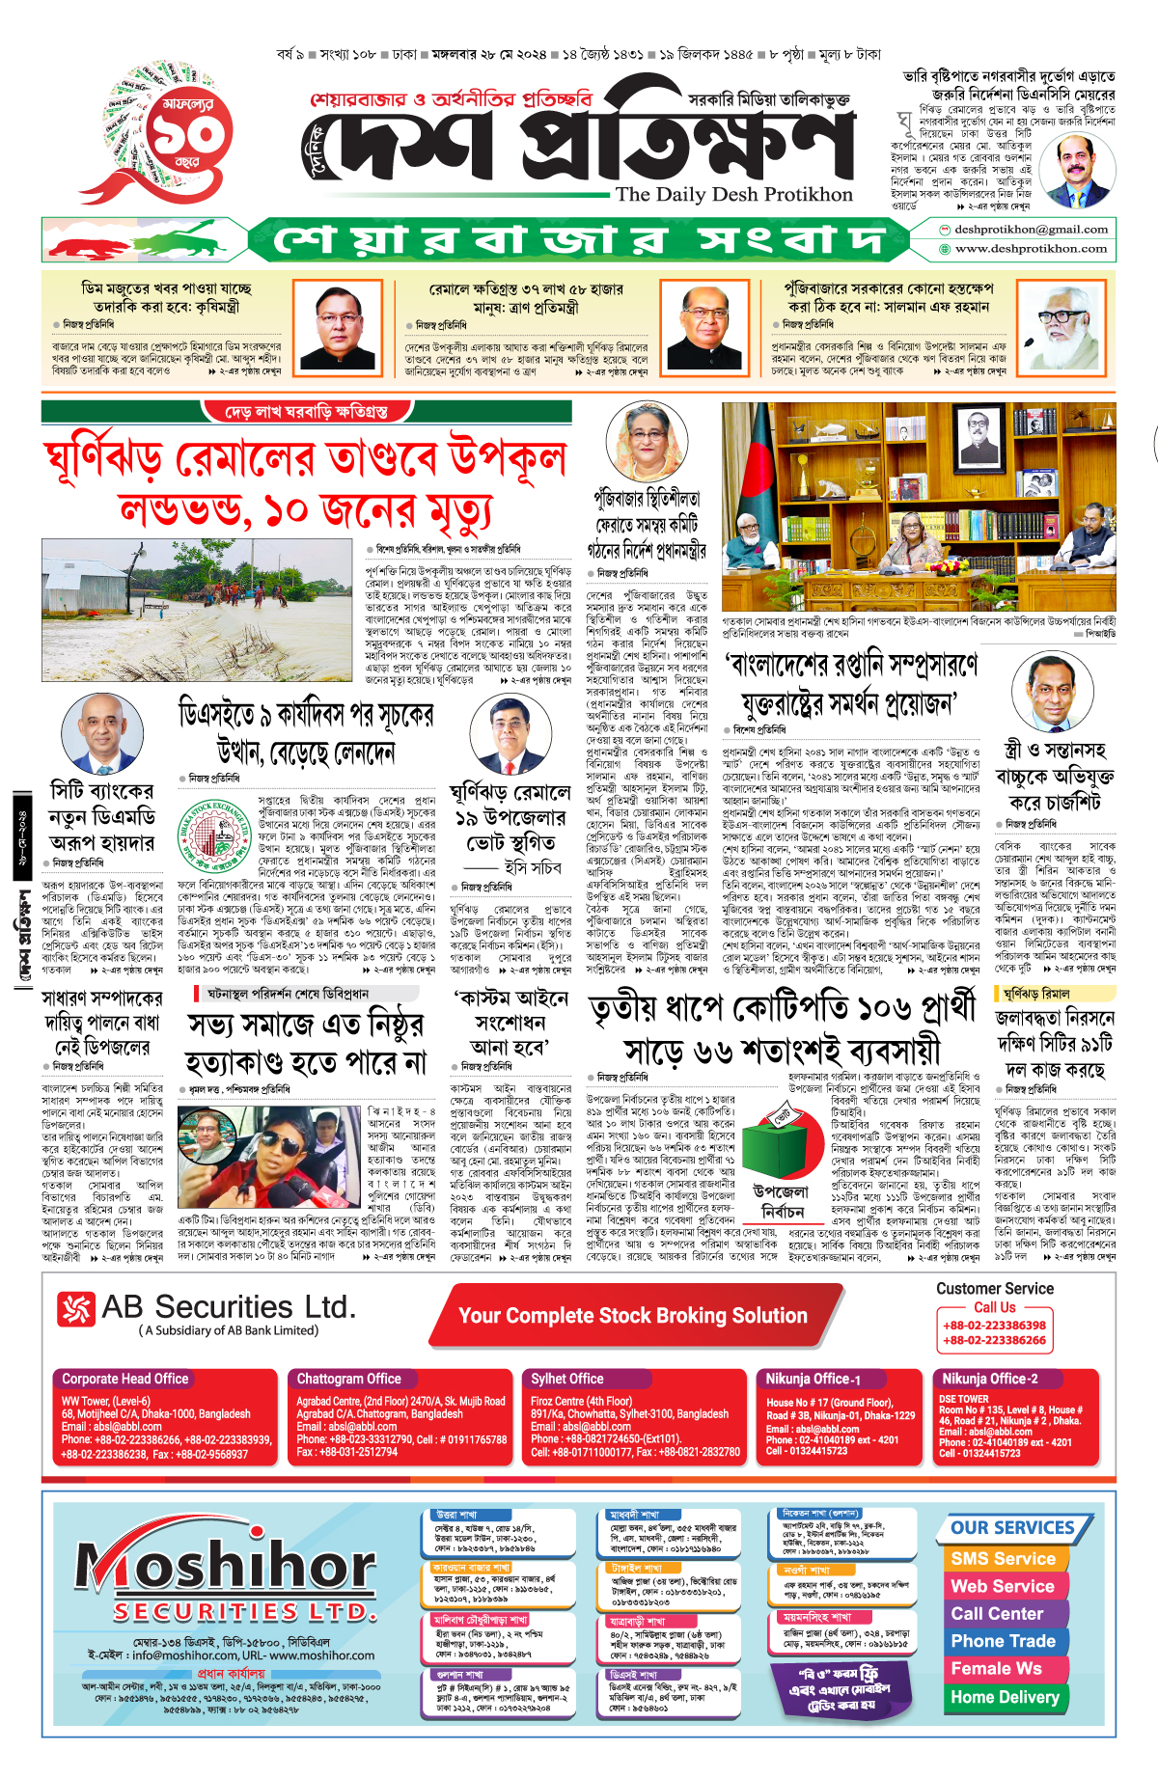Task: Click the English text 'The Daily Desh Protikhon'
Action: pos(733,194)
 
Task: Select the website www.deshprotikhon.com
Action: pos(1031,249)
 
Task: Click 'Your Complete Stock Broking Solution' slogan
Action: pos(632,1316)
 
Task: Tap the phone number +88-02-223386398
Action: pos(994,1326)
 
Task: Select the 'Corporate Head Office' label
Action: pos(125,1379)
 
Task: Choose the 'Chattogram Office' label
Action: pos(348,1379)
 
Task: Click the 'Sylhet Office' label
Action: pos(566,1379)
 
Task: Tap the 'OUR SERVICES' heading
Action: pos(1012,1528)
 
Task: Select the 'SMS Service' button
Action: pos(1004,1559)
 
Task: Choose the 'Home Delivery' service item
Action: pos(1005,1697)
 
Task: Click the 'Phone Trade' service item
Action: pos(1004,1641)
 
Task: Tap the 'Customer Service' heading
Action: pos(994,1289)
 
